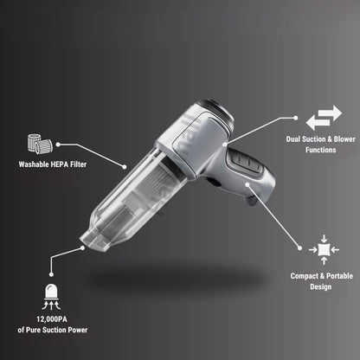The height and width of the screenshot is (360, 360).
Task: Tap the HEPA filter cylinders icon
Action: pos(42,141)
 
